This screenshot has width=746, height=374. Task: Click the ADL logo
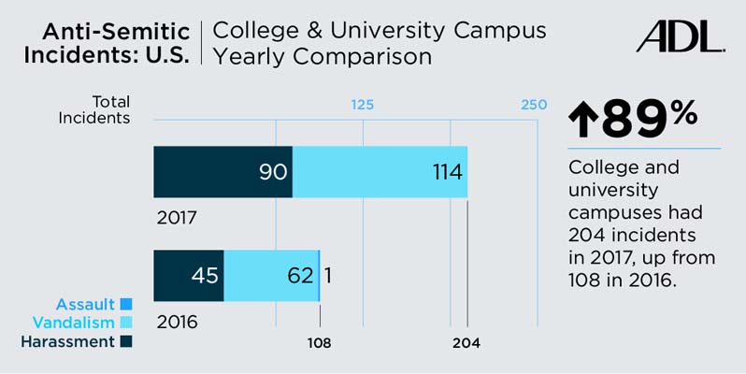pos(680,36)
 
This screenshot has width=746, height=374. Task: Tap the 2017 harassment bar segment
pos(222,172)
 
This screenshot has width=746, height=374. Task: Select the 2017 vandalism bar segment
pos(380,172)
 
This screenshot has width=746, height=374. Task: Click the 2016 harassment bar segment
pos(188,276)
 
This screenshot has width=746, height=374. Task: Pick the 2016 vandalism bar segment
pos(271,276)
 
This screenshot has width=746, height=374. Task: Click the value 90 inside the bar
pos(268,173)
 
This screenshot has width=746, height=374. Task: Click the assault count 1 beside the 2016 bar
pos(329,276)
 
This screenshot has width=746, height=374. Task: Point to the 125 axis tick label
pos(362,104)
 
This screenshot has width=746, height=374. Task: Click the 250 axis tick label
pos(534,104)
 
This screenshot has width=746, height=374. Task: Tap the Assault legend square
pos(126,304)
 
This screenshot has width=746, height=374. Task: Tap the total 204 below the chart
pos(466,343)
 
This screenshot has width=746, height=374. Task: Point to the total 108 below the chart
pos(320,343)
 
